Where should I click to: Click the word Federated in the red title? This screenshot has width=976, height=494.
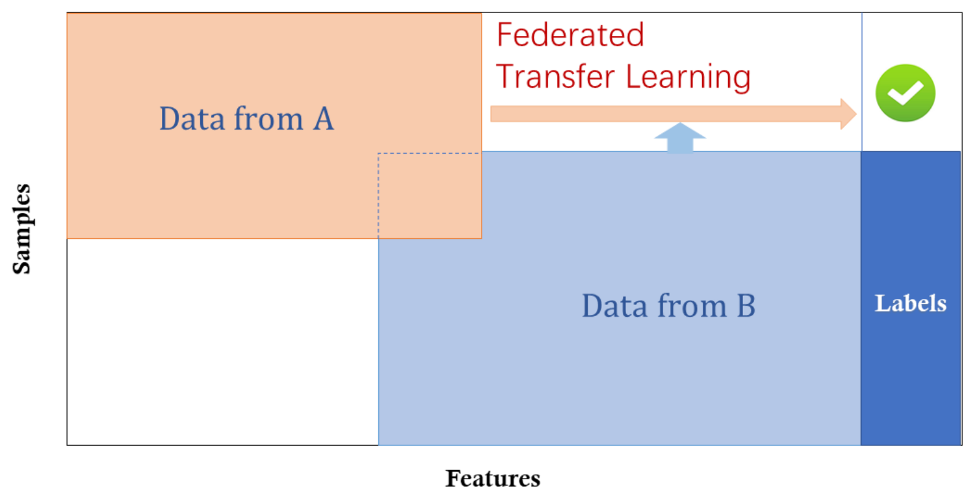[570, 35]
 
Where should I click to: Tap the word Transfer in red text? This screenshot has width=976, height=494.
[555, 76]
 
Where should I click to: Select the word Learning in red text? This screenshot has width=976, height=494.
[688, 78]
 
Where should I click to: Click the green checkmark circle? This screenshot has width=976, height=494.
[906, 93]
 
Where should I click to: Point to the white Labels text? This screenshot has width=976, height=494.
[910, 303]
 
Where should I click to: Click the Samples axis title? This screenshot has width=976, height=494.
[22, 229]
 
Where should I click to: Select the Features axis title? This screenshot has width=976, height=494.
[493, 479]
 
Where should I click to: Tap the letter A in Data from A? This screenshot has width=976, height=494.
[323, 119]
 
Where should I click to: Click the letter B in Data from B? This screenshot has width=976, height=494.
[746, 306]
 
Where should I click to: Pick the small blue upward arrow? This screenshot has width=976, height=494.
[680, 138]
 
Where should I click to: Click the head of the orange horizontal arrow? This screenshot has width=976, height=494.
[849, 114]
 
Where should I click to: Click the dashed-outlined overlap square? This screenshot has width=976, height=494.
[430, 195]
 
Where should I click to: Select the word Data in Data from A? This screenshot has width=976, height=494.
[192, 119]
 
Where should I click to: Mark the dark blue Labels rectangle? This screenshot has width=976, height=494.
[910, 298]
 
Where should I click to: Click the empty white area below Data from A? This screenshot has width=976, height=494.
[223, 341]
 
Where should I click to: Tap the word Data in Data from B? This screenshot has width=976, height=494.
[615, 306]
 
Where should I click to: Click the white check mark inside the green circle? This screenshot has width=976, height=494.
[906, 93]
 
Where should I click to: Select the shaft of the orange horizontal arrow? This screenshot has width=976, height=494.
[666, 114]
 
